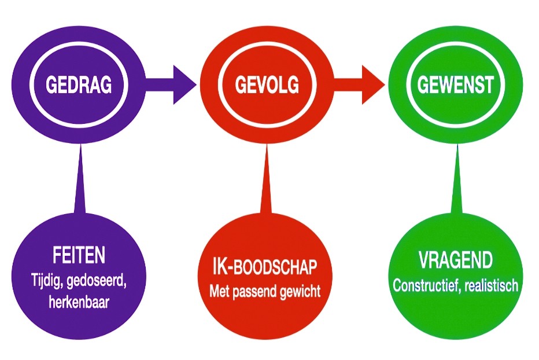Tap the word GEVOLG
(x=267, y=85)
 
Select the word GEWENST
(x=456, y=85)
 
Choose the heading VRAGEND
(x=455, y=260)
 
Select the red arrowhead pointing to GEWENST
(x=371, y=85)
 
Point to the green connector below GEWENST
(x=457, y=185)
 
